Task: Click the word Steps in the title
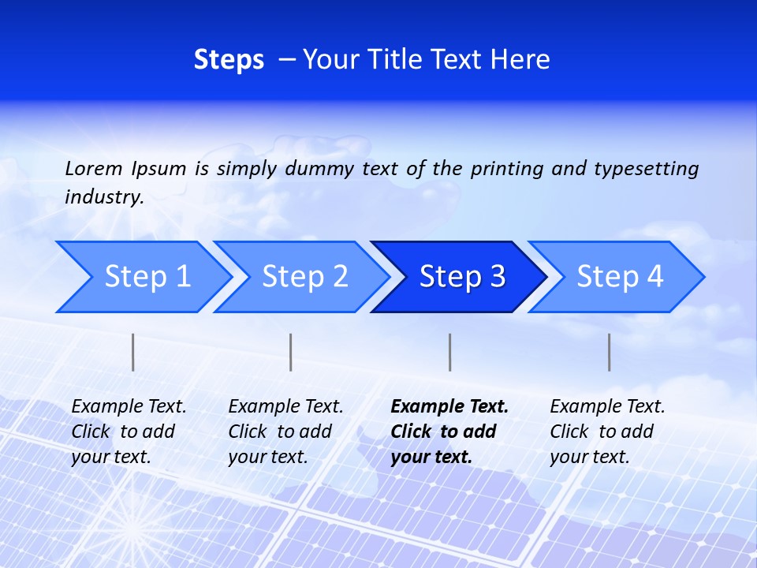pos(229,60)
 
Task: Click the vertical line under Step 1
pos(133,352)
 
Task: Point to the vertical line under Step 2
pos(291,352)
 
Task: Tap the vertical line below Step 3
pos(449,352)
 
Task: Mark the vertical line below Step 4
pos(609,352)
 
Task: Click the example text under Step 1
pos(129,432)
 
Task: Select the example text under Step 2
pos(285,432)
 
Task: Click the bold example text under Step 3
pos(449,432)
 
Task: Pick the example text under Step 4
pos(607,432)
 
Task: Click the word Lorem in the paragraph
pos(94,168)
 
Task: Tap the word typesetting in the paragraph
pos(646,168)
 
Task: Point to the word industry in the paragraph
pos(104,197)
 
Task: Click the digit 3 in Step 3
pos(496,276)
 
